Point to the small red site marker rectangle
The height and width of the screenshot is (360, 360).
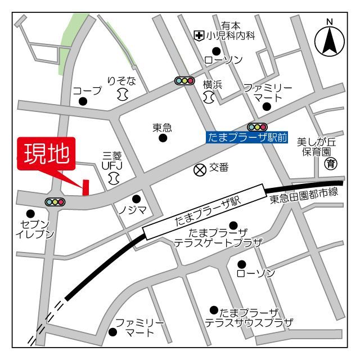[x=86, y=187]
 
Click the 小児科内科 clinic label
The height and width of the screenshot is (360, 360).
[x=231, y=36]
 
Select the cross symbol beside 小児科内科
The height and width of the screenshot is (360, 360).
[x=198, y=36]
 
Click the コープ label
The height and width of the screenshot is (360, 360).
[x=87, y=91]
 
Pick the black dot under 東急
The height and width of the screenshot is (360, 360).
[x=163, y=138]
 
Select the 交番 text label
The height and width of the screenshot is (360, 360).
[x=219, y=168]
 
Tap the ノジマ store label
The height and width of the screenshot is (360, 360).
[x=132, y=210]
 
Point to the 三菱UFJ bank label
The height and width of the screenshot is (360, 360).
[x=112, y=161]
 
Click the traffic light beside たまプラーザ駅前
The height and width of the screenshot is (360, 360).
[x=257, y=127]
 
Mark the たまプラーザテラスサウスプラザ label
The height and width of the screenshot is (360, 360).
[x=249, y=318]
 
